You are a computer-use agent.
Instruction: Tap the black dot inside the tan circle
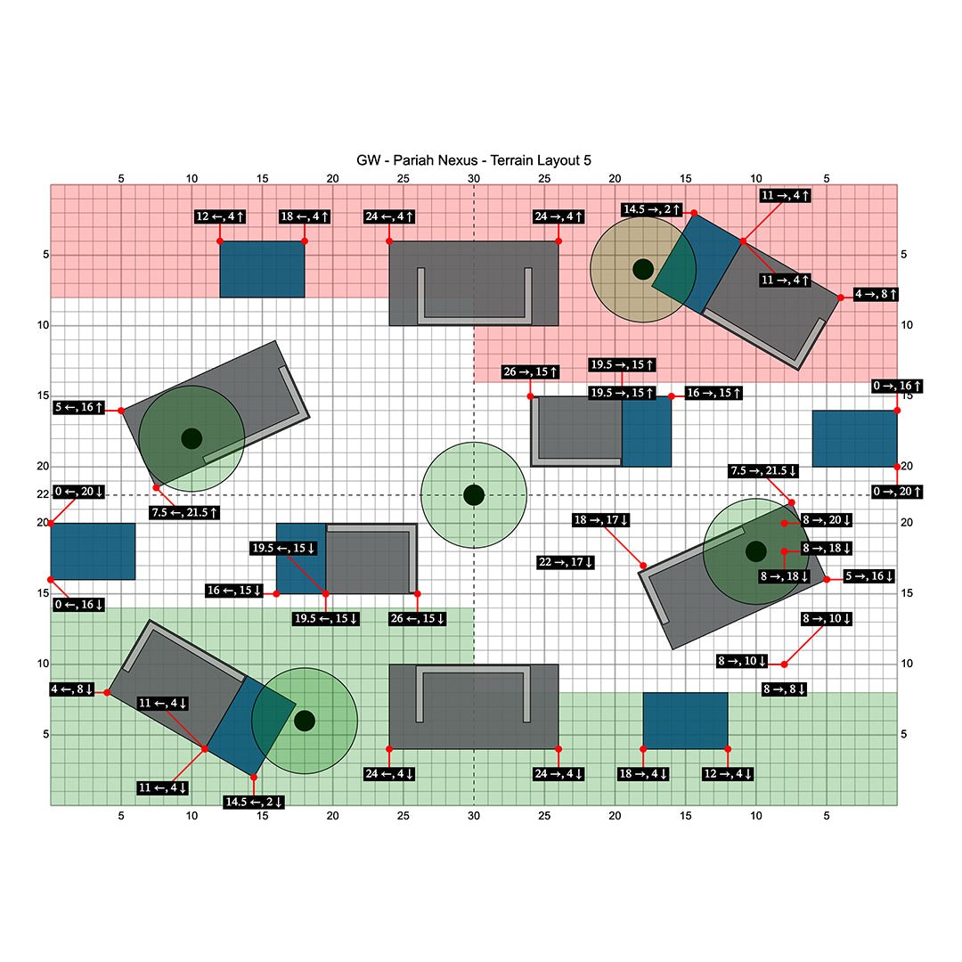point(643,269)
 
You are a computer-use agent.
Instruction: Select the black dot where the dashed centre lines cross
point(474,495)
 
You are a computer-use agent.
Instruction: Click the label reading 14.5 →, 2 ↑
point(651,210)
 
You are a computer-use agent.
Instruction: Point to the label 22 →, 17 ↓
point(566,563)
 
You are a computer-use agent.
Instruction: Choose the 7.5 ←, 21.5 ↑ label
point(184,512)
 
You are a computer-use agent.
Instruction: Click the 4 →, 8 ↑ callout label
point(876,295)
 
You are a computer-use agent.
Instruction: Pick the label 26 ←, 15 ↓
point(417,618)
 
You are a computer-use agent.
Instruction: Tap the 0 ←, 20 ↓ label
point(79,492)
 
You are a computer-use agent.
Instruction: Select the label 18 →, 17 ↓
point(600,520)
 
